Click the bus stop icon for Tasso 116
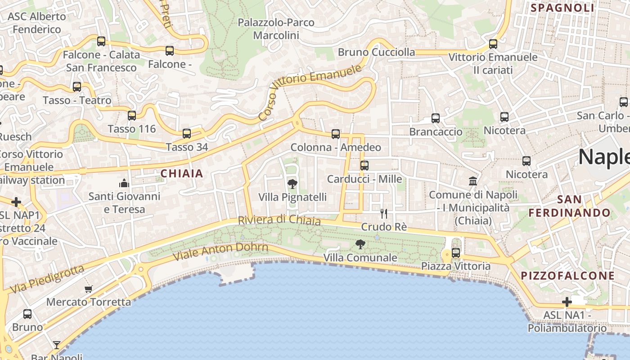coord(132,116)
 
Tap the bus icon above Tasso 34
coord(187,134)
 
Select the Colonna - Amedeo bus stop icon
coord(336,134)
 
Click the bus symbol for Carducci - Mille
coord(364,166)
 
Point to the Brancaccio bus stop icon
coord(436,118)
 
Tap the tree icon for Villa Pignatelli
coord(292,184)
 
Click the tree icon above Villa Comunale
coord(360,244)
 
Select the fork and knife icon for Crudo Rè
coord(384,213)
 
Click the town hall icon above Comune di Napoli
coord(473,181)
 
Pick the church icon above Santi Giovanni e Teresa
coord(124,183)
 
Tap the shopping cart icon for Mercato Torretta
coord(89,289)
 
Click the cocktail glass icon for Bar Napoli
coord(57,345)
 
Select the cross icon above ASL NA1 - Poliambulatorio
coord(567,302)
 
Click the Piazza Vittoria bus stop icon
coord(456,252)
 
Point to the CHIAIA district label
coord(182,174)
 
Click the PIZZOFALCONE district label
coord(567,276)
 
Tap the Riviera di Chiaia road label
coord(279,220)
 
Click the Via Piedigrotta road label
coord(47,279)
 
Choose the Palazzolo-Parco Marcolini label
coord(276,29)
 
